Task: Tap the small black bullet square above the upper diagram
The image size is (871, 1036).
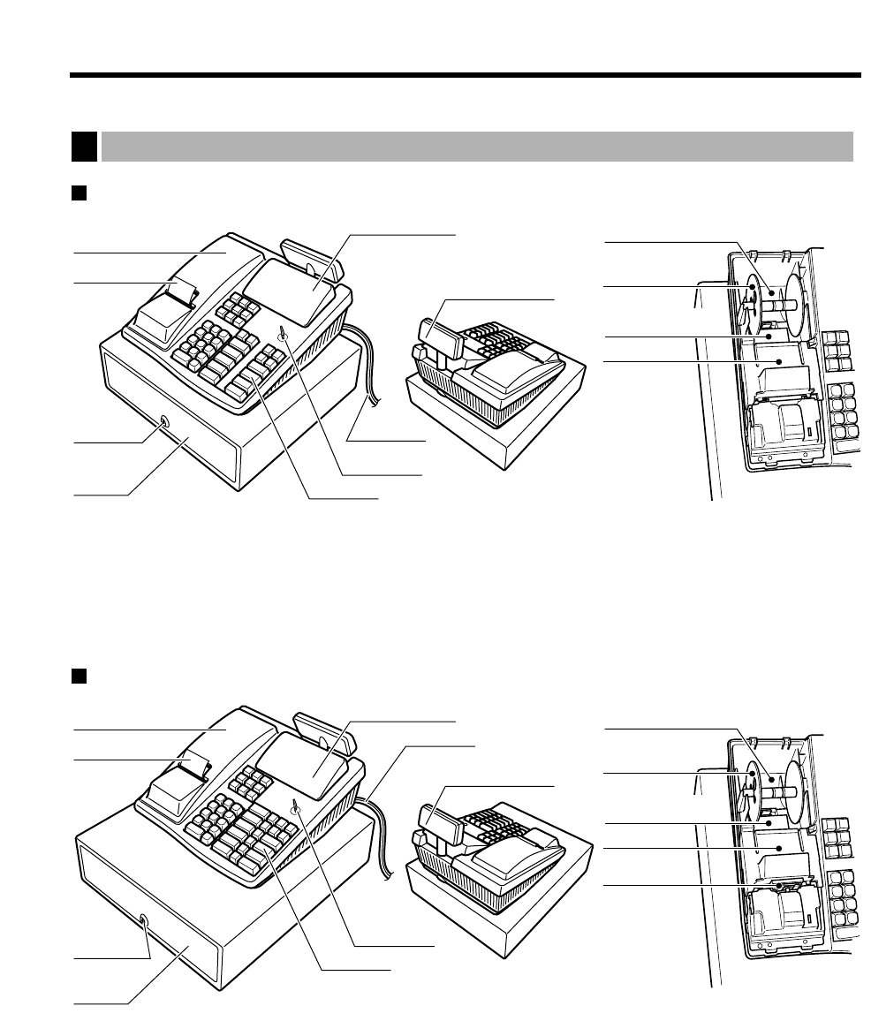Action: (77, 193)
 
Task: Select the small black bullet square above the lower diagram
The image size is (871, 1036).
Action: (77, 677)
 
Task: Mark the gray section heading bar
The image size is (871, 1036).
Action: (477, 147)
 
